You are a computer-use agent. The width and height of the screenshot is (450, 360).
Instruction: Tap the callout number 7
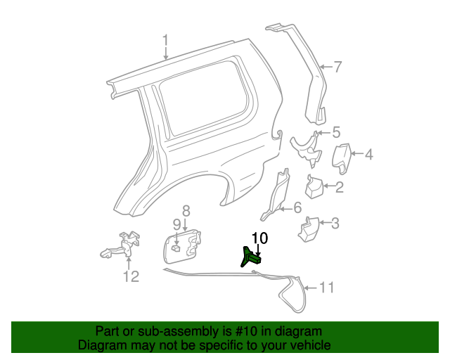337,67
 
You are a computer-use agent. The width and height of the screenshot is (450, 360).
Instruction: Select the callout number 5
335,131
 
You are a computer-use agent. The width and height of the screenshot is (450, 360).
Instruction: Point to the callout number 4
368,155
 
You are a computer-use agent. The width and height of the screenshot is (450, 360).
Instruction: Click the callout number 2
339,187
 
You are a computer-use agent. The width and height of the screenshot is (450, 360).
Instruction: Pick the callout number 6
297,207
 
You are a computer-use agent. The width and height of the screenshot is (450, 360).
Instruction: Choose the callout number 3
335,224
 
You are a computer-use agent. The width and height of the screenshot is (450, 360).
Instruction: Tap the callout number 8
186,210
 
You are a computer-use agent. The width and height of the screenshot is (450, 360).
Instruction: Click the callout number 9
177,224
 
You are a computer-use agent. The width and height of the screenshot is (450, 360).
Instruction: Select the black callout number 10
259,238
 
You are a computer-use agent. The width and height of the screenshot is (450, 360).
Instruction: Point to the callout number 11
326,288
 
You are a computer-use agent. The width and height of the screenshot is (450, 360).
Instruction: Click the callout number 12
131,276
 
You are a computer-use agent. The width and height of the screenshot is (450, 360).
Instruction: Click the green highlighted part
251,257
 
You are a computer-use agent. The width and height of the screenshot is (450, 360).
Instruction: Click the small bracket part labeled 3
310,231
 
